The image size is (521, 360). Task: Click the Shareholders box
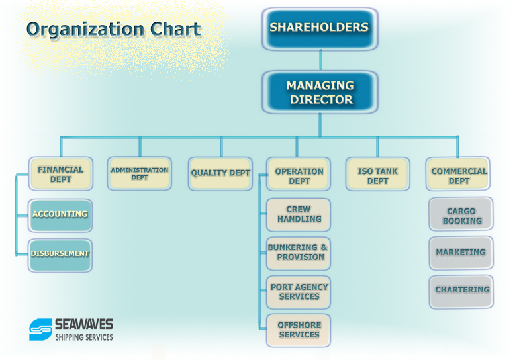(x=320, y=29)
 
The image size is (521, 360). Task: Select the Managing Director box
(x=320, y=93)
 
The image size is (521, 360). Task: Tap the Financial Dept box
(x=60, y=173)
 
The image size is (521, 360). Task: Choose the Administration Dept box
(x=140, y=173)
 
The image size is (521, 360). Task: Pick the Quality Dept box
(x=220, y=173)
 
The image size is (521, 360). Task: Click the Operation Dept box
(x=299, y=174)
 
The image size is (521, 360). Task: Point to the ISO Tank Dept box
(x=378, y=174)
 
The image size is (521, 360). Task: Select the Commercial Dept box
(x=458, y=173)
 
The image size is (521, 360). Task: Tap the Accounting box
(x=60, y=216)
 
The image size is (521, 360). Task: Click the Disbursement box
(x=60, y=255)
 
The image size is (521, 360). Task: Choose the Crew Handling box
(x=299, y=215)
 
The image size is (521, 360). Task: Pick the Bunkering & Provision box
(x=299, y=253)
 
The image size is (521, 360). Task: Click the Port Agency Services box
(x=299, y=292)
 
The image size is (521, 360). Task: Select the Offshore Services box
(x=299, y=330)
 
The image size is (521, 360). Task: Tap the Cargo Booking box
(x=461, y=214)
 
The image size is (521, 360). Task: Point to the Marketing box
(x=461, y=253)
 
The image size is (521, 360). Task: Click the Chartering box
(x=461, y=292)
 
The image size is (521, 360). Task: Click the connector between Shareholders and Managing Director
(x=320, y=60)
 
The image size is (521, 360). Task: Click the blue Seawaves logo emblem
(x=40, y=330)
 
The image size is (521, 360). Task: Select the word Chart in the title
(x=175, y=29)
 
